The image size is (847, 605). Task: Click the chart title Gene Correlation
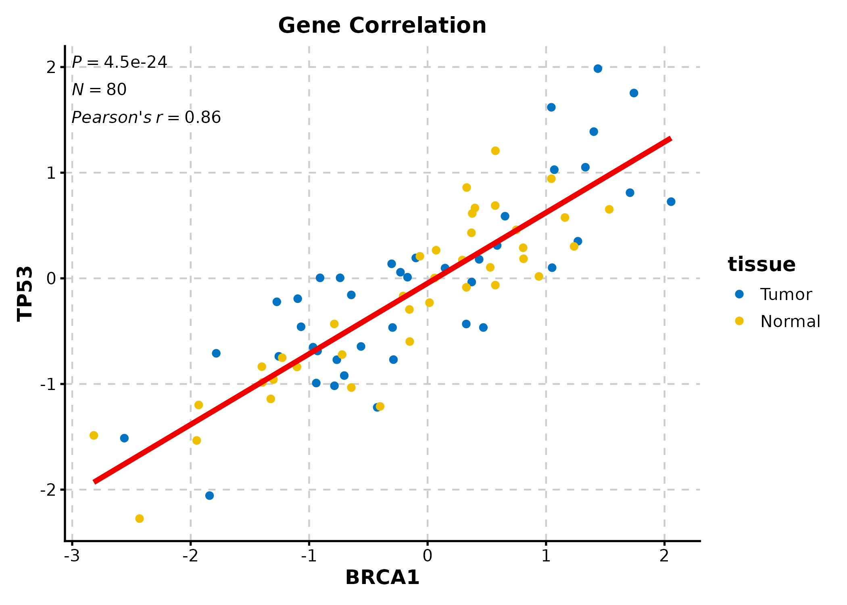[x=382, y=25]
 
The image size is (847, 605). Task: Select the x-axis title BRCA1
[x=382, y=577]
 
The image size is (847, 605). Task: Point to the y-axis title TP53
[x=25, y=293]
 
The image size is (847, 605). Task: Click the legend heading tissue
[x=761, y=265]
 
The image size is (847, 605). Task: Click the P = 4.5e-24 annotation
[x=119, y=63]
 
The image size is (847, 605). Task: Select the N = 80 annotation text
[x=99, y=90]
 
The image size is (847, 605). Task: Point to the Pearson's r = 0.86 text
[x=146, y=117]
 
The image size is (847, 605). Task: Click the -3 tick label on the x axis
[x=72, y=556]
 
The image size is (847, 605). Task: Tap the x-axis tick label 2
[x=664, y=556]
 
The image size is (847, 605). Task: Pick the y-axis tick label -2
[x=48, y=490]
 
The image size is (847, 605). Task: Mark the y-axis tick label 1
[x=51, y=173]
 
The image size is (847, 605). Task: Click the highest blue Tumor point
[x=598, y=69]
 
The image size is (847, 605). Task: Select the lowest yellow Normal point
[x=140, y=518]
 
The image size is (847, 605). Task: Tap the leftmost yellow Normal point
[x=94, y=435]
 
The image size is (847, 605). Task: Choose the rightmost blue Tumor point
[x=671, y=202]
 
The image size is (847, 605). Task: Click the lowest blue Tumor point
[x=209, y=496]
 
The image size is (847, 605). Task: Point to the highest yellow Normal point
[x=495, y=151]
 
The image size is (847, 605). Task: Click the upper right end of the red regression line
[x=670, y=139]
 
